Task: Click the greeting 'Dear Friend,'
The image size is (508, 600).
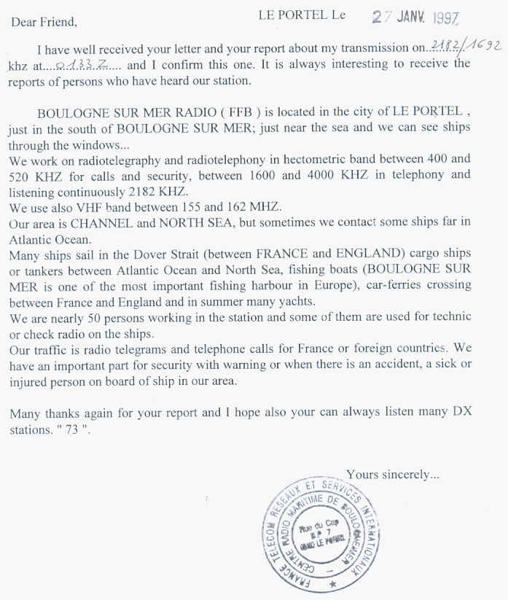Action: coord(44,21)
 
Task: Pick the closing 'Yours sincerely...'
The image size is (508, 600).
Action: coord(393,475)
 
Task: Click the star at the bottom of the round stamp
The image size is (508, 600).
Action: coord(334,584)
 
